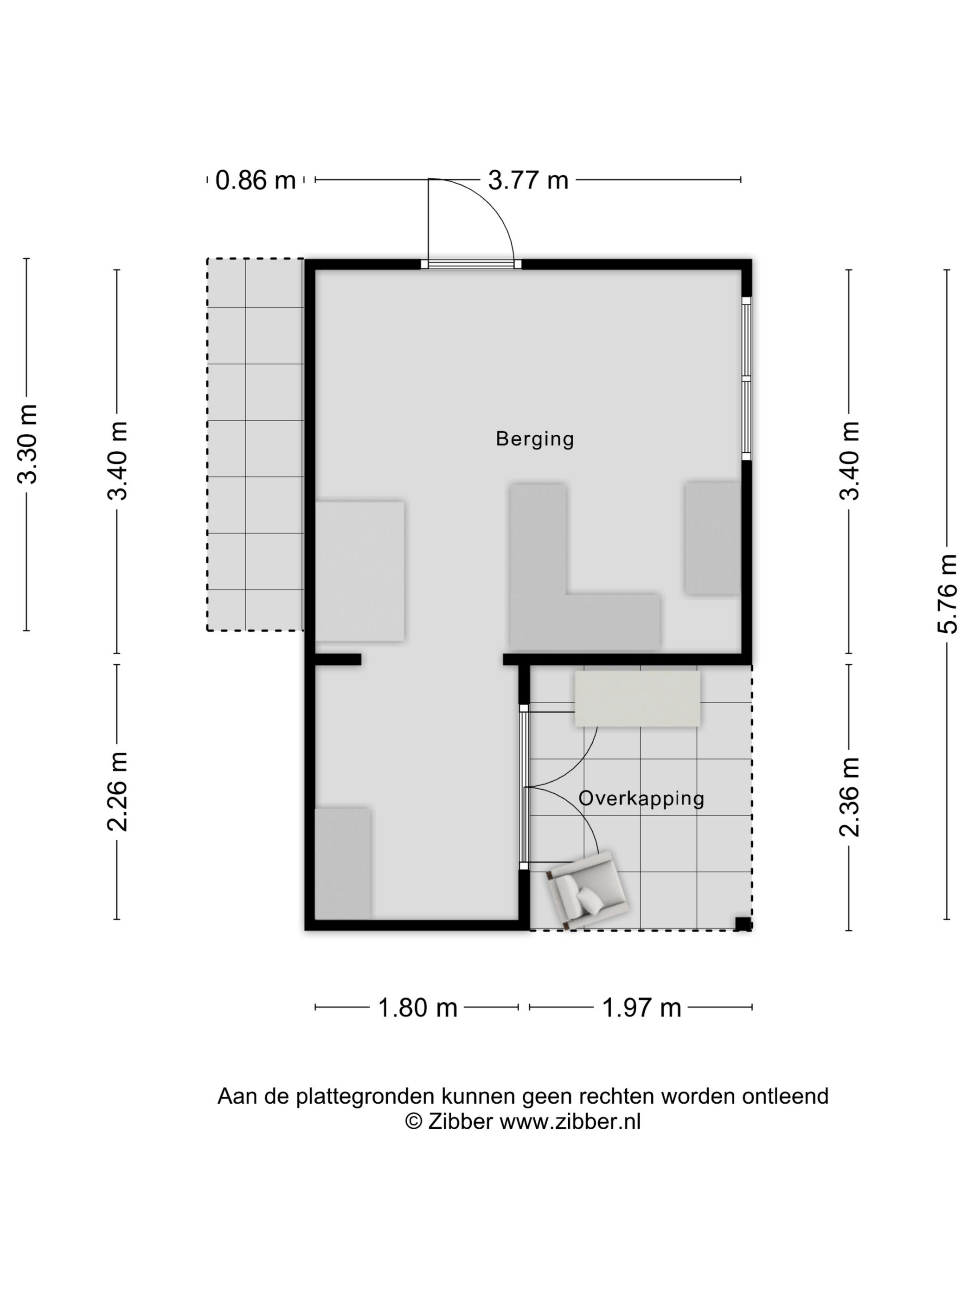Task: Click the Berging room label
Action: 534,439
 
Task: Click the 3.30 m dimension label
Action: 27,444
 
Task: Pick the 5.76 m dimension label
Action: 947,594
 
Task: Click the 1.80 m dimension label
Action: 417,1008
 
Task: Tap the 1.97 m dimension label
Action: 642,1008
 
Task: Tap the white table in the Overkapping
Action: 637,699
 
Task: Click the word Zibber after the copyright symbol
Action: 460,1122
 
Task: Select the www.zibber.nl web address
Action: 570,1122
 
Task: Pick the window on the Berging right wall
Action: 746,379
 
